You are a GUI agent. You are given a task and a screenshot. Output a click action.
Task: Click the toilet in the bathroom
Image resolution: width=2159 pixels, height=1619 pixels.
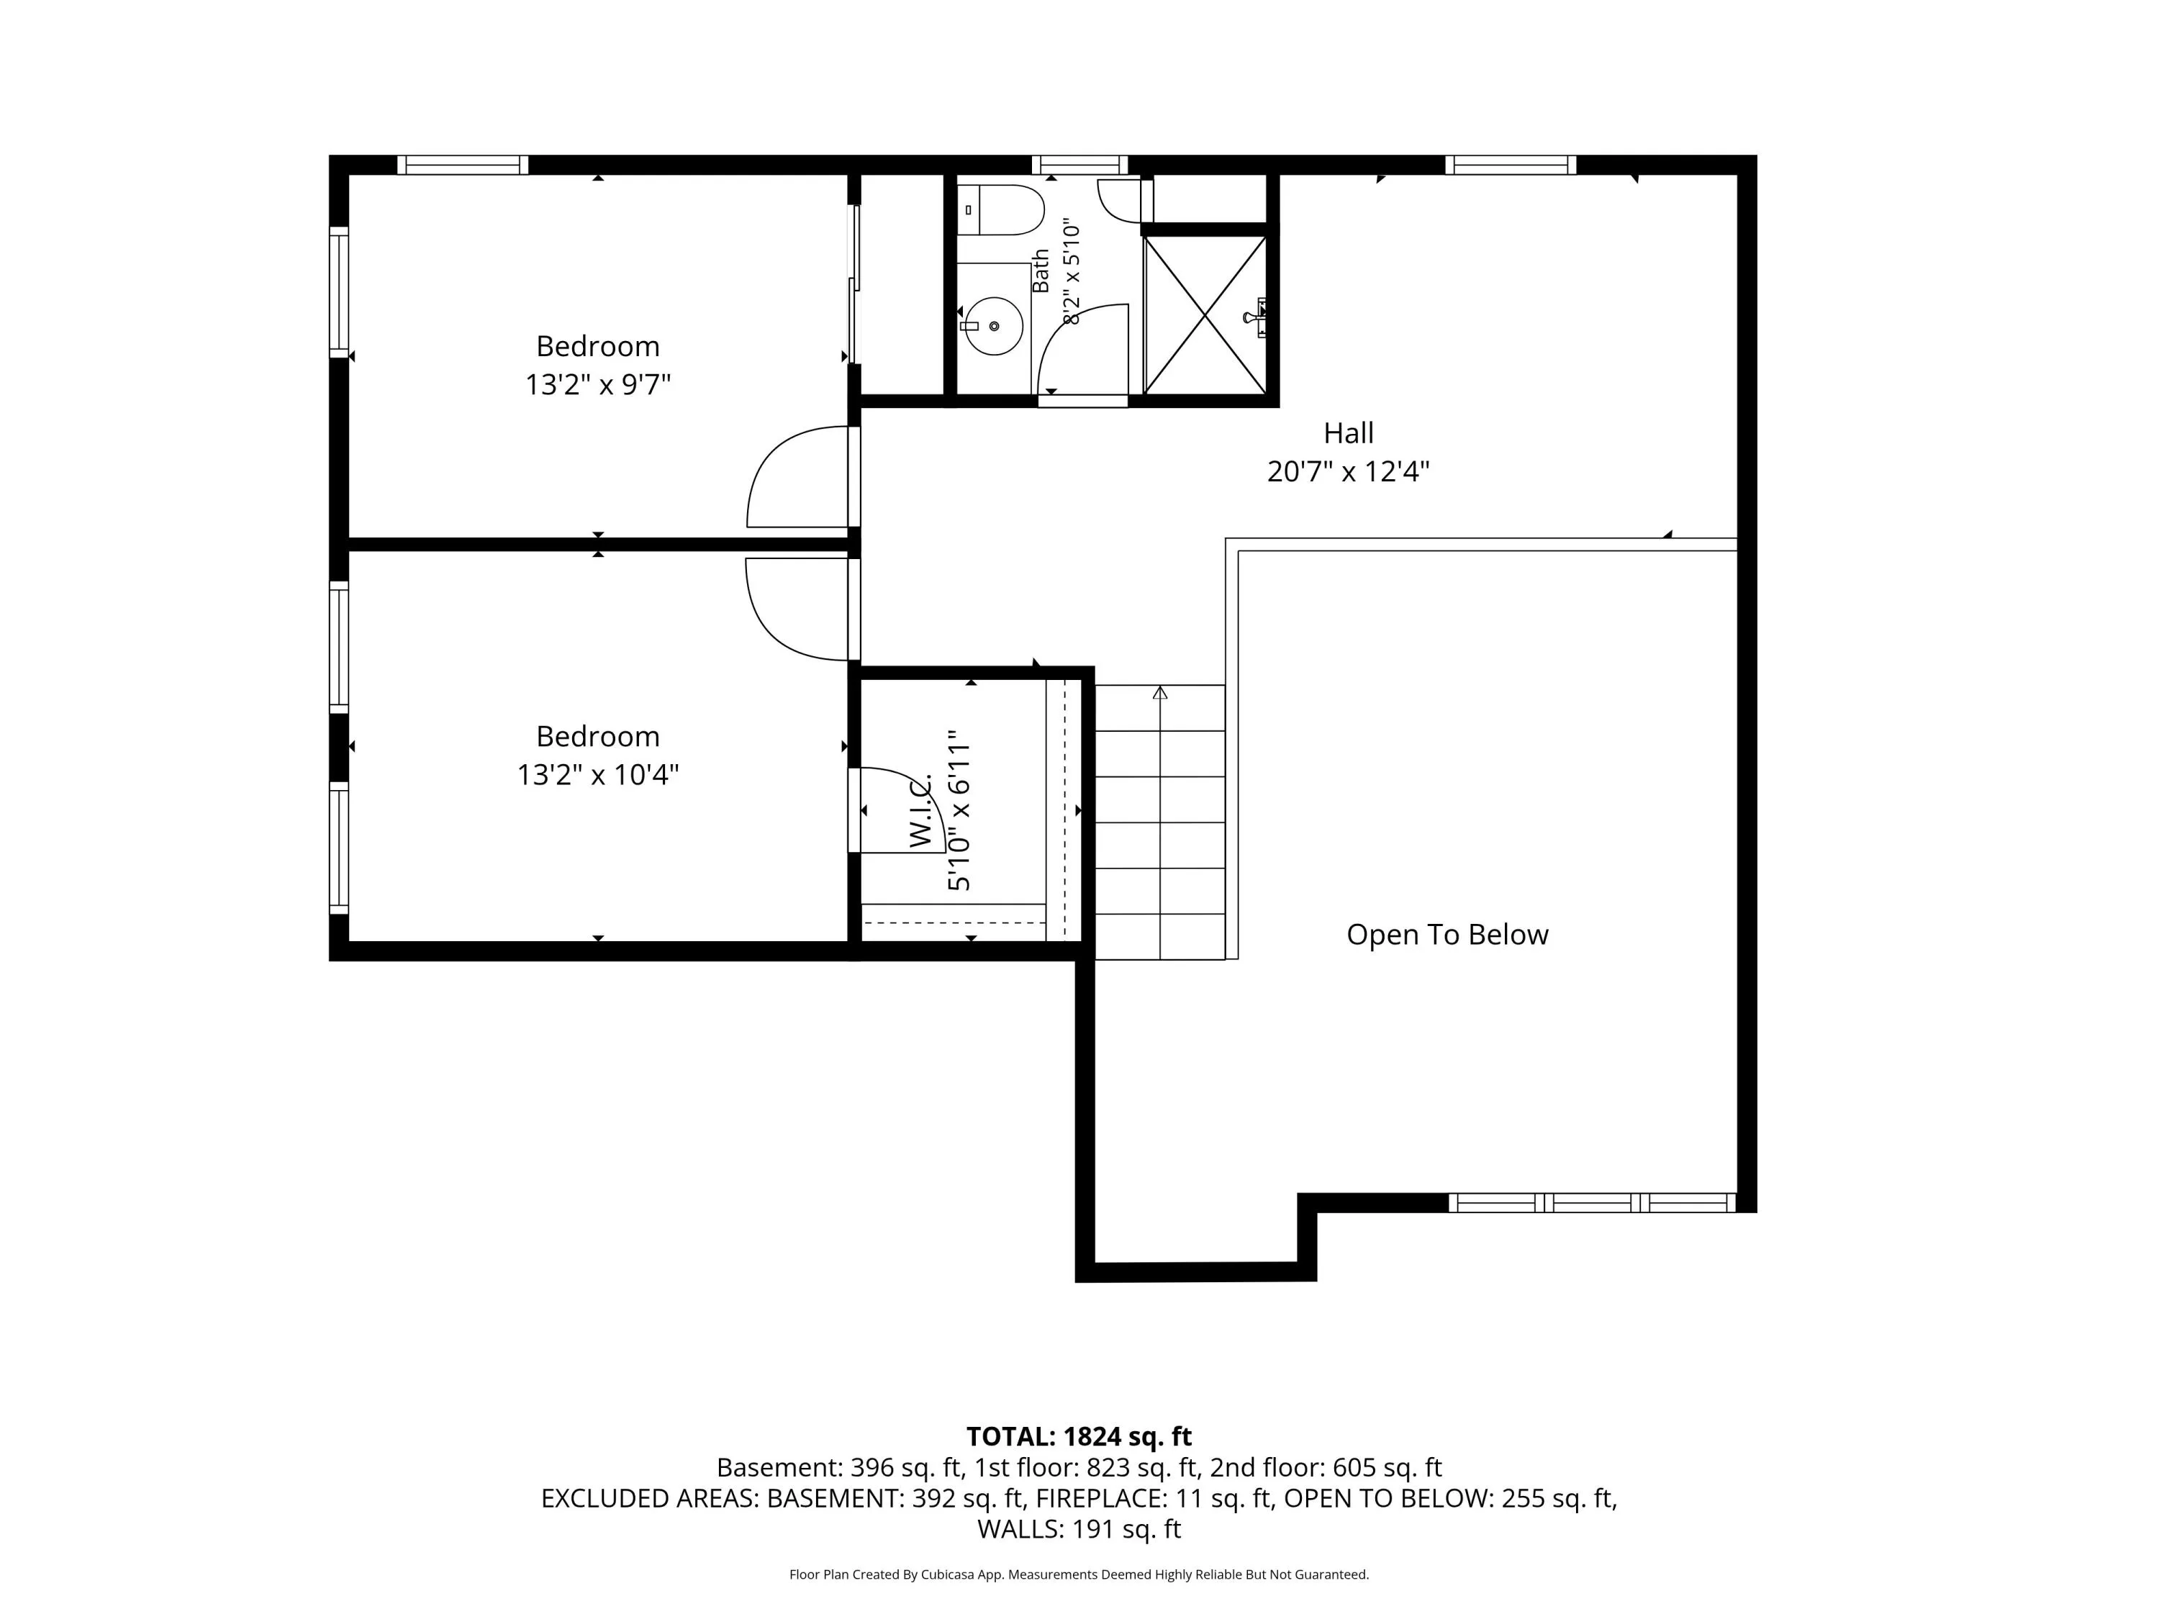(1000, 210)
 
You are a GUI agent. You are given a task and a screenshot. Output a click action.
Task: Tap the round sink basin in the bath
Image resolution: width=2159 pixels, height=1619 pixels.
(994, 326)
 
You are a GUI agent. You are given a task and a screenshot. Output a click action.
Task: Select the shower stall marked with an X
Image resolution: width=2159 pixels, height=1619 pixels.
(1205, 315)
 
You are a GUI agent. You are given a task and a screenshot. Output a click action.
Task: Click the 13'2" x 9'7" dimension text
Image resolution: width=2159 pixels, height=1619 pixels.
(597, 384)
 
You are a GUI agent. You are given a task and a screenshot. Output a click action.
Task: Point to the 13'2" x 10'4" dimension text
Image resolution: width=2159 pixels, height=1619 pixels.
(597, 775)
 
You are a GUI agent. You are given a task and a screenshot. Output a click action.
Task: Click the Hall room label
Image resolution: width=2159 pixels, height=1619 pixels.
(1348, 432)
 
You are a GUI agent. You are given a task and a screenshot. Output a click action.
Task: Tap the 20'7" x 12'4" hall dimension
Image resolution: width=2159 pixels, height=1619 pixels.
(1348, 472)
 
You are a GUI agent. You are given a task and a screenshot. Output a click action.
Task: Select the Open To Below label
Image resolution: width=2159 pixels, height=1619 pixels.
(1447, 935)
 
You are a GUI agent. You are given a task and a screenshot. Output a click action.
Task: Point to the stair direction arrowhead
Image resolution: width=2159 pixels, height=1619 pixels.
(1159, 693)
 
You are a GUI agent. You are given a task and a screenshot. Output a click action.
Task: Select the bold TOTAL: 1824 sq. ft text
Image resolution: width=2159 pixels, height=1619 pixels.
(1079, 1436)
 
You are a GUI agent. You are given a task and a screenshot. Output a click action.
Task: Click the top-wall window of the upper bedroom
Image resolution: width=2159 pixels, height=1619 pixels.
(463, 165)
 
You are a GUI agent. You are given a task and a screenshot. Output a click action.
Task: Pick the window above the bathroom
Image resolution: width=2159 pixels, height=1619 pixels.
(1079, 165)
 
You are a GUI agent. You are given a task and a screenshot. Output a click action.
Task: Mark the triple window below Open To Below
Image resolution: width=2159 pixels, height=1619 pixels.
(1592, 1203)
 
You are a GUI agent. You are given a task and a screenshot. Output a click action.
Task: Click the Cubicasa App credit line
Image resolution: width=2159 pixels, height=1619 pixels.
(1079, 1574)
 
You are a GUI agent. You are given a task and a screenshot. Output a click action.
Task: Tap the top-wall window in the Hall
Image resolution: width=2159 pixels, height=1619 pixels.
(1510, 165)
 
